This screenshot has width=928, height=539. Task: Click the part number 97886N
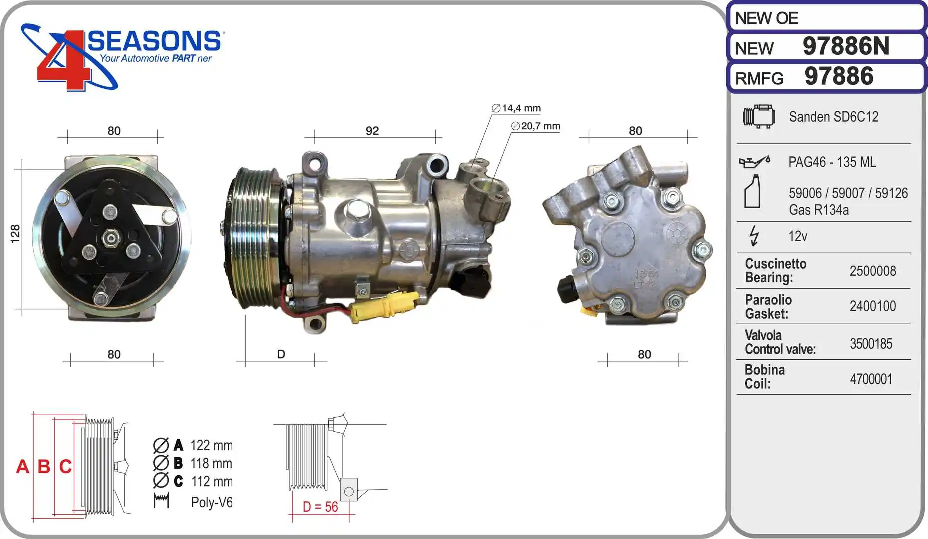[846, 46]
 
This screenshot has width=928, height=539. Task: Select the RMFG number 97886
[839, 76]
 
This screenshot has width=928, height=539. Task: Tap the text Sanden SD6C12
[833, 117]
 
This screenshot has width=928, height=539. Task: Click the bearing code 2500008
[873, 271]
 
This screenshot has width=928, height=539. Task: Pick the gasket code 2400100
[873, 306]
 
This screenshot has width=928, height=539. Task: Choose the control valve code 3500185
[871, 344]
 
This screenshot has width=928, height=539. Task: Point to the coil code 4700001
[871, 379]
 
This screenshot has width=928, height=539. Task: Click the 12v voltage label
[797, 236]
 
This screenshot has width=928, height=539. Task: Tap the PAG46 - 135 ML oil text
[832, 162]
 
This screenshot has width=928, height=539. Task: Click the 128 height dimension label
[15, 234]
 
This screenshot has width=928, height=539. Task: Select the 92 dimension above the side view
[372, 131]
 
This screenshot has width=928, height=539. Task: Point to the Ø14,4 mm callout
[516, 108]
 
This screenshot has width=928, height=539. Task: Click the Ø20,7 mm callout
[536, 126]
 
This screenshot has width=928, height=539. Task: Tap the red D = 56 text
[320, 507]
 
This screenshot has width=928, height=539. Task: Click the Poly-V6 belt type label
[212, 502]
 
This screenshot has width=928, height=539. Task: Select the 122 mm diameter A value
[211, 445]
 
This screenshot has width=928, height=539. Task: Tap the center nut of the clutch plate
[110, 238]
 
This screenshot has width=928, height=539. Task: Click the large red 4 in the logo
[62, 62]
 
